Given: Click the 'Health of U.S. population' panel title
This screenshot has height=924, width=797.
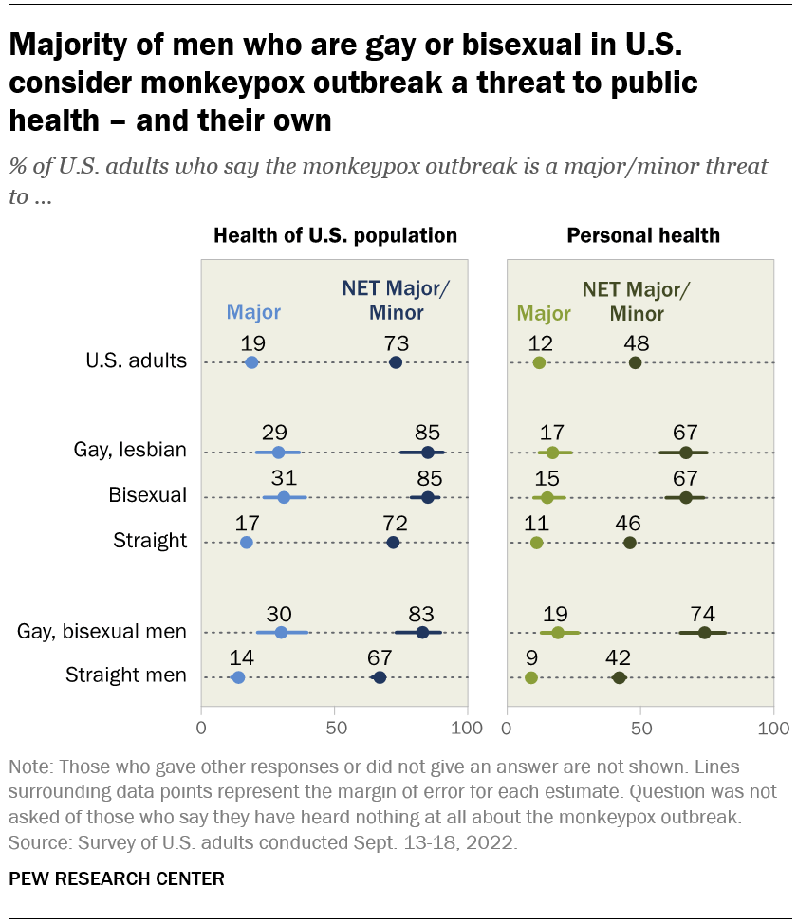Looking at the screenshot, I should coord(335,235).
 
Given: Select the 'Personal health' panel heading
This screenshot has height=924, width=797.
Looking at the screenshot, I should coord(642,235).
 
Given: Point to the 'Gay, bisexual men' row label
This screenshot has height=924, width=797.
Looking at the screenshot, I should coord(102,631).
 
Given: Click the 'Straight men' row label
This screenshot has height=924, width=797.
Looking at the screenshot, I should coord(125,675).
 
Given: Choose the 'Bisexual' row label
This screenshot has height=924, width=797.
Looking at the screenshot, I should coord(147,496).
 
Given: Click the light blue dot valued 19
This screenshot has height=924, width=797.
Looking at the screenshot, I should coord(251,362).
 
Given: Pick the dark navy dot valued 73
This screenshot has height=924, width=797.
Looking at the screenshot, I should coord(396,362).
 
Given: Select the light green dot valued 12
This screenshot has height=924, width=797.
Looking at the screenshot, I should coord(539,362).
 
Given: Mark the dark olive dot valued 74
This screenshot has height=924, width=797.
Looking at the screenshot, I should coord(704,632).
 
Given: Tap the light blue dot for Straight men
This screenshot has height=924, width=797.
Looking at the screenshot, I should coord(238,676).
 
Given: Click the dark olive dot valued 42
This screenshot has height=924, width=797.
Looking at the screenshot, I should coord(619,676).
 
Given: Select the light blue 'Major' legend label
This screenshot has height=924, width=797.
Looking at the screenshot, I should coord(253,312).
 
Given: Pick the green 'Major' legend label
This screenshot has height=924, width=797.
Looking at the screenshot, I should coord(543,312).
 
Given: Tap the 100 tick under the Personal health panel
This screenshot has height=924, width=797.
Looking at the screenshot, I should coord(773,728).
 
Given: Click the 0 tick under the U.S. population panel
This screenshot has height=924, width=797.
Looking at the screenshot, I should coord(201,728).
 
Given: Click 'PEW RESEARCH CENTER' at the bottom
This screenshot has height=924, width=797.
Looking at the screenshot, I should coord(117,878).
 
